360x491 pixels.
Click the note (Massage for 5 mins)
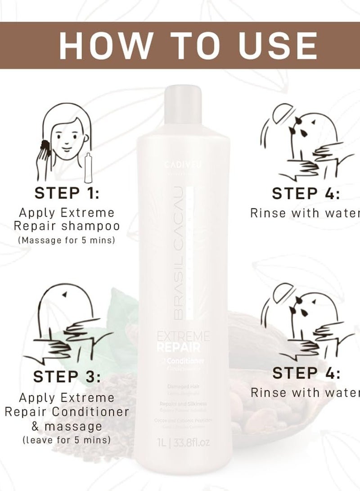click(67, 240)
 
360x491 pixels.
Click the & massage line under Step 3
click(67, 425)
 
